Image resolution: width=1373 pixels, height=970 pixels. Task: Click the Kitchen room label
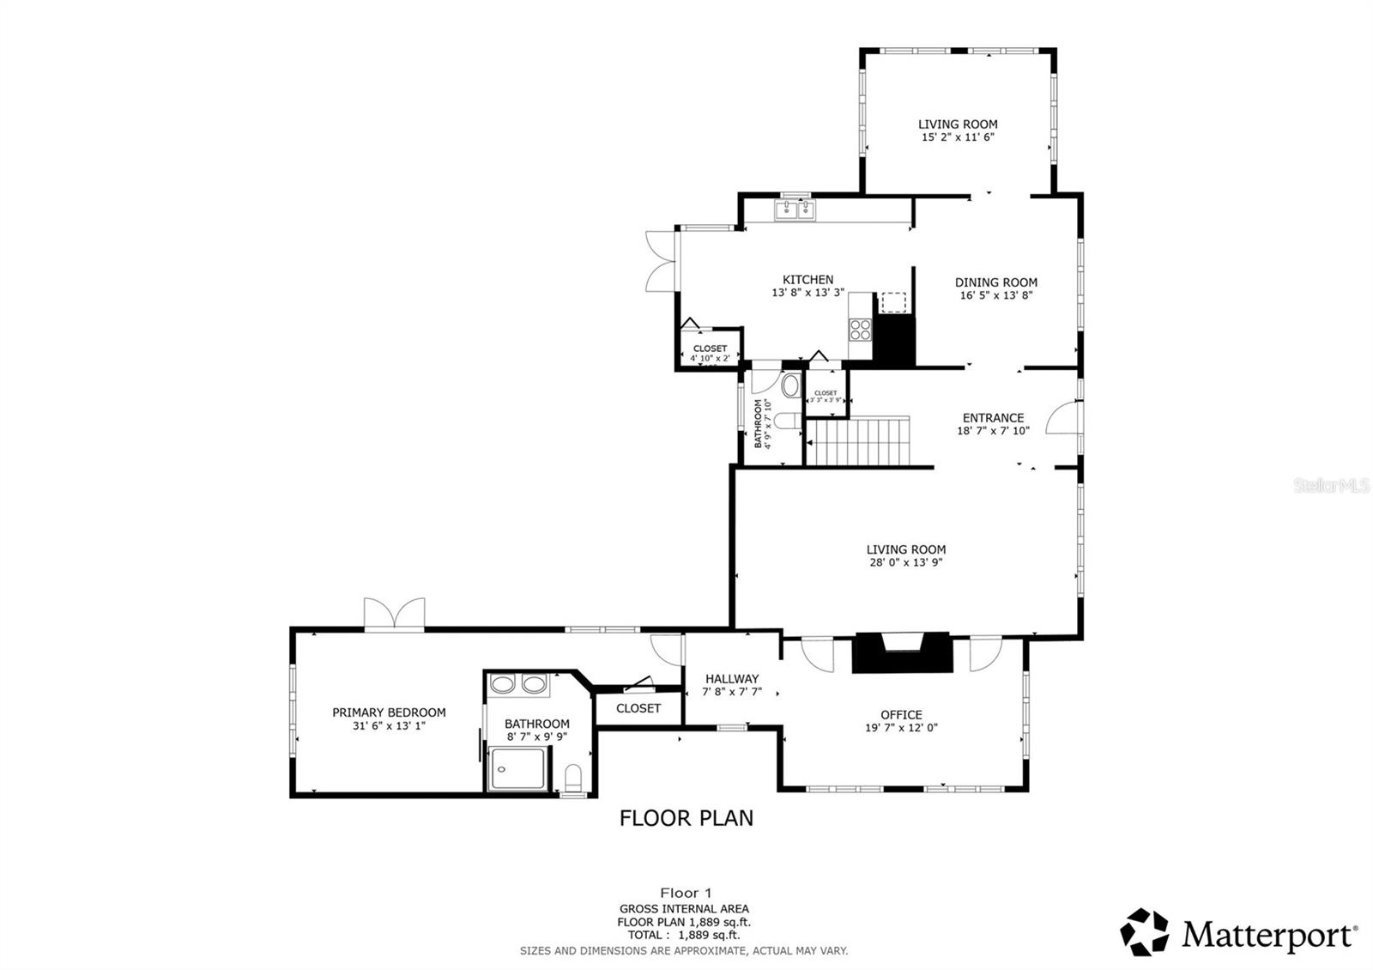(807, 280)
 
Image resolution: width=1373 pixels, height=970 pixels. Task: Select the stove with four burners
(860, 330)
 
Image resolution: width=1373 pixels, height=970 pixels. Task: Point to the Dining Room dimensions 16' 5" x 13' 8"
(995, 295)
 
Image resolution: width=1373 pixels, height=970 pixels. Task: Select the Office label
(901, 714)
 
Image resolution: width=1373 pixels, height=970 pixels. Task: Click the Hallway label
(731, 678)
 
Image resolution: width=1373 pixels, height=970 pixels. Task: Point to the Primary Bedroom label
(389, 712)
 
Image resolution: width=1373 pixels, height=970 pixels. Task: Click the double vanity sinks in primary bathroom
(518, 685)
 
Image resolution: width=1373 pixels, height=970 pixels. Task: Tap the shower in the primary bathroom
(517, 768)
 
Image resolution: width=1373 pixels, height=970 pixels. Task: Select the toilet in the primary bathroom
(574, 779)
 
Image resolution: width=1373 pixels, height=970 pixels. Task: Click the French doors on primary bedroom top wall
(394, 615)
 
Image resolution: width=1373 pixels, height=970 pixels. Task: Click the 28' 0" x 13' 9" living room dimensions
(905, 563)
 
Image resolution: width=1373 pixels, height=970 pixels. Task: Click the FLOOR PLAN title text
(686, 818)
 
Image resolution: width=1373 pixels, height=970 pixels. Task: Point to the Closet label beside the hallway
(638, 708)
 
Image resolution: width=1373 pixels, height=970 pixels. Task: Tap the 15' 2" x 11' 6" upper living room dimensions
(958, 137)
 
